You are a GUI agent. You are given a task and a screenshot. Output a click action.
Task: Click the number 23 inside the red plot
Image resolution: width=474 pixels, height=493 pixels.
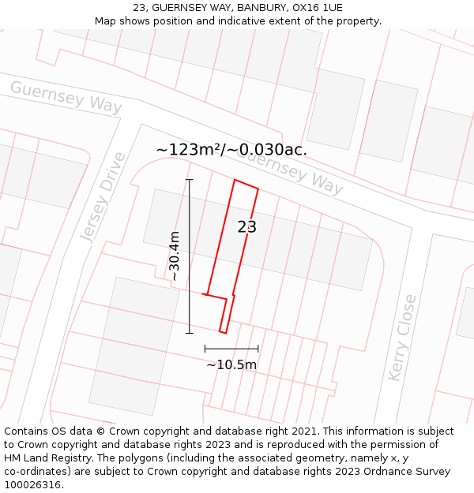tap(247, 227)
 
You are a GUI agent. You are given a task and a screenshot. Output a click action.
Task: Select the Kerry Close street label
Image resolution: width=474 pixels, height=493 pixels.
tap(403, 337)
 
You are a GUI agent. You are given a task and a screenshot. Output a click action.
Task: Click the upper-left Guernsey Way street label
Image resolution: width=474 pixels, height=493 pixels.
tap(66, 97)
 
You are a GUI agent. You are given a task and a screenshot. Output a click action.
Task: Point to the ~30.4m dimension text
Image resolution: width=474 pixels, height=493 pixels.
tap(175, 256)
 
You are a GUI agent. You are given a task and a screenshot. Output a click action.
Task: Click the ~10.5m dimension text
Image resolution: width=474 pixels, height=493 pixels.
tap(231, 364)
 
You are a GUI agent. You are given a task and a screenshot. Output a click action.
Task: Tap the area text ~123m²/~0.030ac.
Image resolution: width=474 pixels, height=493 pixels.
tap(231, 149)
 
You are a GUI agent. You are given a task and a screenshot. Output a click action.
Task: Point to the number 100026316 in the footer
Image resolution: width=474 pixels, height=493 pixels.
tap(33, 485)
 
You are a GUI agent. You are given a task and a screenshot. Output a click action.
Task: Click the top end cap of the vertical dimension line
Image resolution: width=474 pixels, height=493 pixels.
tap(190, 180)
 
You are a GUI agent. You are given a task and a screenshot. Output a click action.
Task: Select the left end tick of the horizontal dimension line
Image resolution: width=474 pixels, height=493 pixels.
tap(205, 348)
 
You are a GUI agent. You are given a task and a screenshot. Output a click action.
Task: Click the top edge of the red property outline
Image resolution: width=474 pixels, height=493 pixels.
tap(246, 184)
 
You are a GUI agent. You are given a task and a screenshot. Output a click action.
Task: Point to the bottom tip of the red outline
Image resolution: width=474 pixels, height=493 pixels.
tap(223, 333)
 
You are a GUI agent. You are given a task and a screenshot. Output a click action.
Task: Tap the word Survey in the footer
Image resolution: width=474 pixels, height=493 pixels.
tap(431, 472)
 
